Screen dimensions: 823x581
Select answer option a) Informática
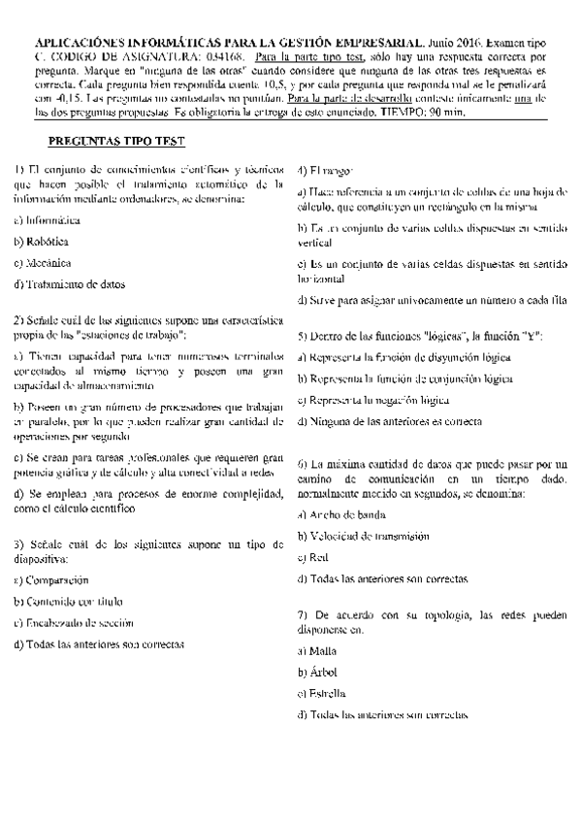[x=47, y=220]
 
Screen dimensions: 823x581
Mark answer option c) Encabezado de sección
[x=74, y=623]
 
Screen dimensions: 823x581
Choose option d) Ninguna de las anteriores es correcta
[x=390, y=421]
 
